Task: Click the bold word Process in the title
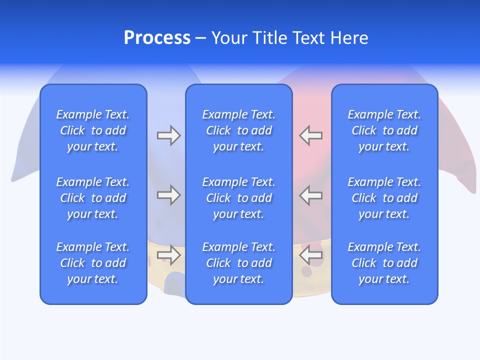click(x=157, y=38)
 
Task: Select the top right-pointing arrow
click(x=168, y=135)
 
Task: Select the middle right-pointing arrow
click(x=168, y=195)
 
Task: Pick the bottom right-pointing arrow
click(x=168, y=255)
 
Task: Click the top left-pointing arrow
click(x=310, y=135)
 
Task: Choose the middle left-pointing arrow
click(x=310, y=195)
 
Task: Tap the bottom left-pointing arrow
click(x=310, y=255)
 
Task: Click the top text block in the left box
click(x=93, y=130)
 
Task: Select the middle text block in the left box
click(x=93, y=198)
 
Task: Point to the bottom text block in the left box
click(x=93, y=263)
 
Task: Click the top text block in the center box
click(x=239, y=130)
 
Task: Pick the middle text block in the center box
click(x=239, y=198)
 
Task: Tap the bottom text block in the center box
click(x=239, y=263)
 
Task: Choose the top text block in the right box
click(x=384, y=130)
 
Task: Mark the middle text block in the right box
click(x=384, y=198)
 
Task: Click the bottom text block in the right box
click(x=384, y=263)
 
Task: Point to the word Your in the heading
click(x=229, y=38)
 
